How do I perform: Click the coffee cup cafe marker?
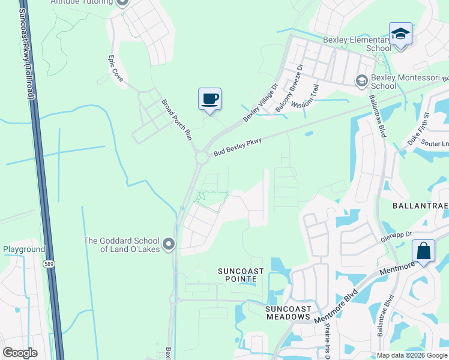click(209, 99)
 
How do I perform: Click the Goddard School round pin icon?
click(169, 244)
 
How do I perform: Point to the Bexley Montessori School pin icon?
click(361, 80)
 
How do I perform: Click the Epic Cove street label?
click(115, 68)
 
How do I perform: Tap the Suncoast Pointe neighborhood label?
click(240, 275)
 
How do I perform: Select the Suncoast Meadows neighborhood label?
click(288, 312)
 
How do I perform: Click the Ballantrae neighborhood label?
click(420, 205)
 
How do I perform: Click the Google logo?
click(20, 353)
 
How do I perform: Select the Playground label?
click(24, 249)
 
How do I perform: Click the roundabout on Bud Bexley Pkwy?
click(201, 157)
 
